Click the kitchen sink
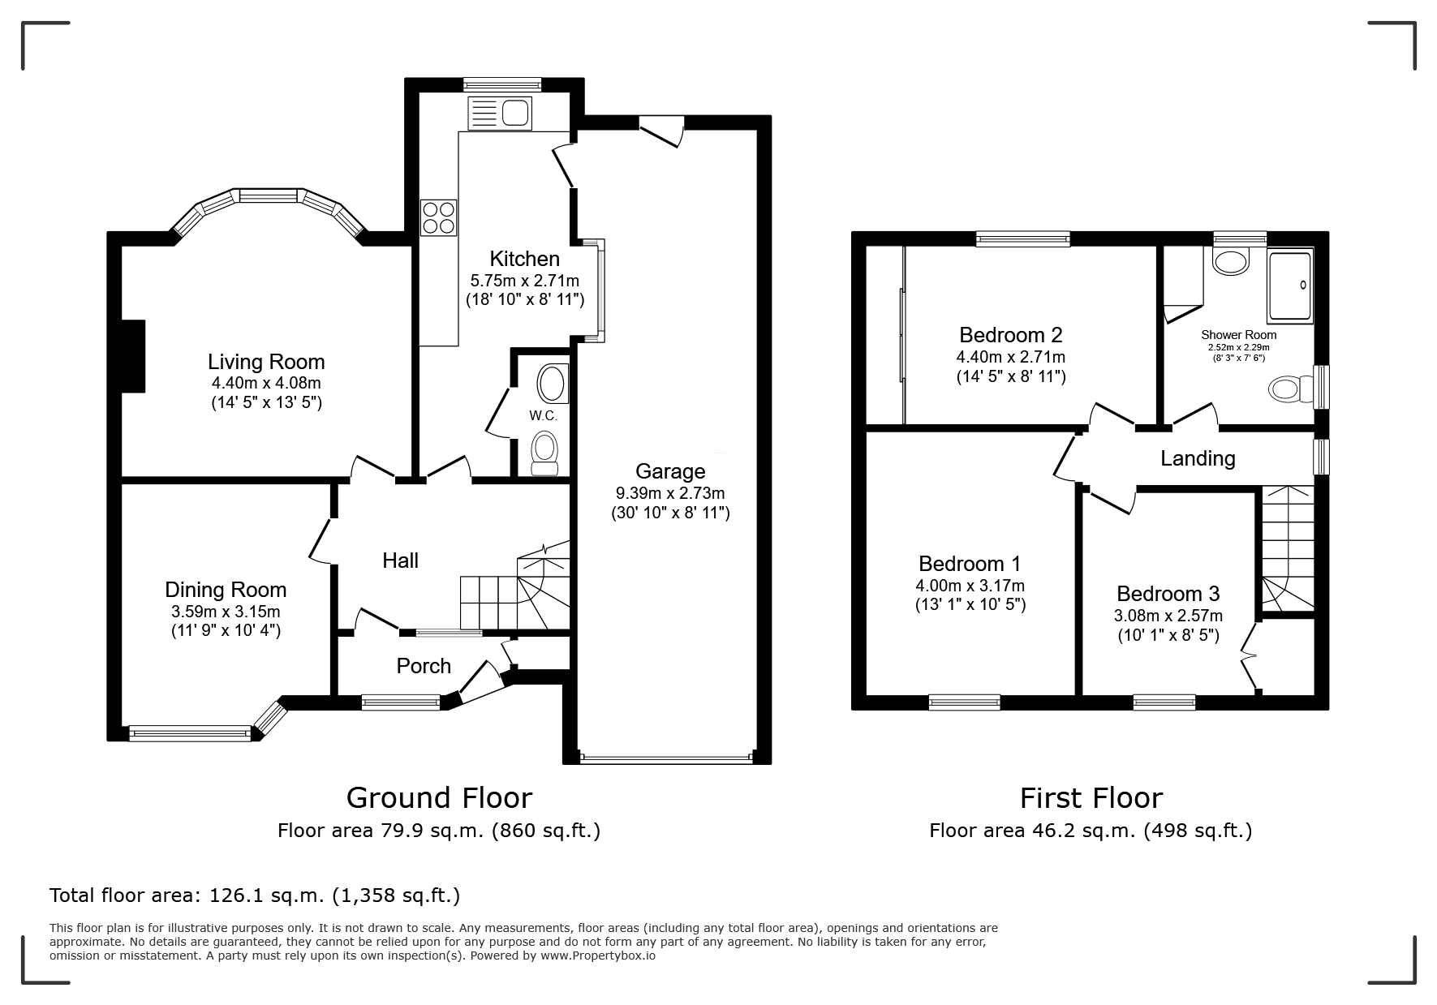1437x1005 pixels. click(x=499, y=113)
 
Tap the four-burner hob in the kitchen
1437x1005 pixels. click(x=438, y=217)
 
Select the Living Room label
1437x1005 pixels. click(x=266, y=362)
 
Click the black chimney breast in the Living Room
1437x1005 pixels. click(x=132, y=356)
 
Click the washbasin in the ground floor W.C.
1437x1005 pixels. click(x=553, y=384)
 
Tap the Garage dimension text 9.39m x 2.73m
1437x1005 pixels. click(x=670, y=493)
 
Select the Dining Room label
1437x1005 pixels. click(x=226, y=590)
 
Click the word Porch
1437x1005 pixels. click(x=424, y=666)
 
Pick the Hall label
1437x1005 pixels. click(x=401, y=560)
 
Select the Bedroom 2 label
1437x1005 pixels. click(x=1011, y=335)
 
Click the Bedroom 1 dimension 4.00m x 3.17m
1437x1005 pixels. click(x=970, y=586)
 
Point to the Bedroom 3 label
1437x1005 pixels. click(x=1168, y=594)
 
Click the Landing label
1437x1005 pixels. click(x=1198, y=458)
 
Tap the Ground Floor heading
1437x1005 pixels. click(x=439, y=798)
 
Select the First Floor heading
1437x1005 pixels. click(x=1091, y=798)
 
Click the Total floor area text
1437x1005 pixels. click(x=255, y=895)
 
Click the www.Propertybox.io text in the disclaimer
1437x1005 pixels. click(x=598, y=956)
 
